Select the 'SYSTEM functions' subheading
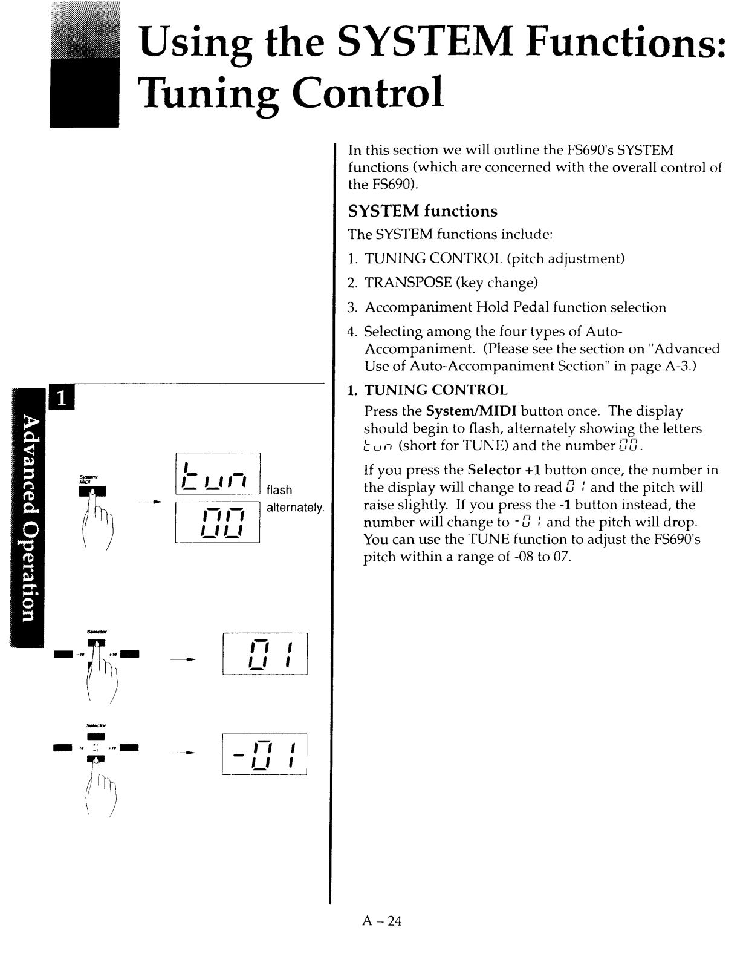click(x=423, y=211)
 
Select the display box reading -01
click(x=265, y=754)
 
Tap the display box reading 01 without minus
click(x=265, y=653)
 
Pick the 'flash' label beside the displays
click(x=279, y=490)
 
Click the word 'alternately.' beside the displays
click(x=296, y=508)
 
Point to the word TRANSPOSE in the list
click(x=408, y=283)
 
